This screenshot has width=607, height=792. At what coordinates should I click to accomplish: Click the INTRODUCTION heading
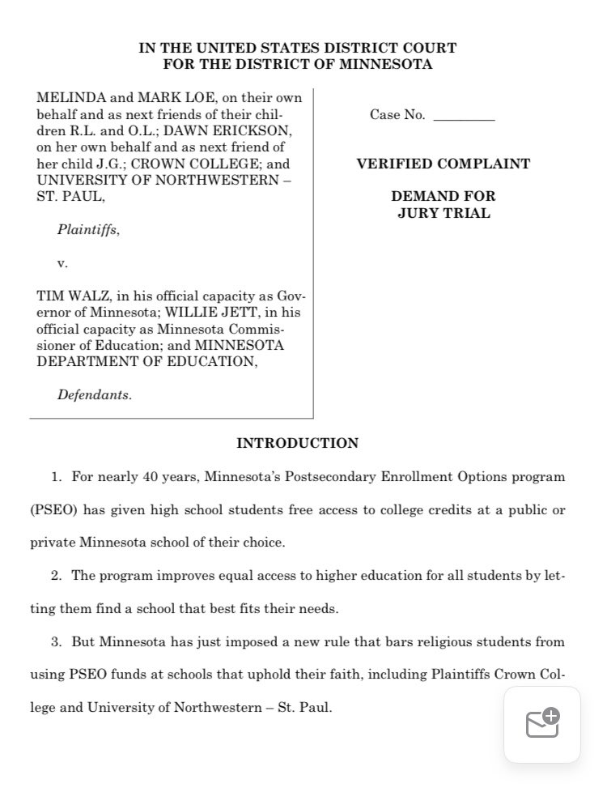(297, 443)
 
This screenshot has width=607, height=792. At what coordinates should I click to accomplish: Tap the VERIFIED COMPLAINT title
(443, 164)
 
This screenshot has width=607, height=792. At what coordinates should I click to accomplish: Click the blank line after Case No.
(464, 116)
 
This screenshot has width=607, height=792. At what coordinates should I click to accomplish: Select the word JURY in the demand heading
(418, 213)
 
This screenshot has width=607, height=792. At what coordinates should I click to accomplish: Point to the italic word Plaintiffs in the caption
(87, 230)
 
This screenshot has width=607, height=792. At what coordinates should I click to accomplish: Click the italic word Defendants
(94, 395)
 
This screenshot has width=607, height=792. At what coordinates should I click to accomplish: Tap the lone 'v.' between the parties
(62, 263)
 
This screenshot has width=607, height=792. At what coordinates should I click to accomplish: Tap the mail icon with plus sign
(542, 723)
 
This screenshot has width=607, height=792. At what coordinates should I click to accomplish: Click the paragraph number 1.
(56, 477)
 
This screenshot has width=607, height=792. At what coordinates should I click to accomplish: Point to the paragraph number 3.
(56, 642)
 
